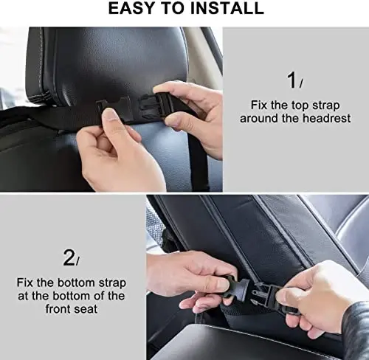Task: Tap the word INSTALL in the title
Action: [227, 9]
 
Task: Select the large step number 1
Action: [292, 80]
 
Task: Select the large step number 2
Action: [69, 257]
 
